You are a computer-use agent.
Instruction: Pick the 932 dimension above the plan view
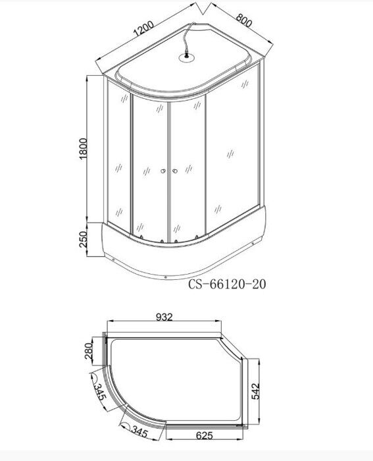164,317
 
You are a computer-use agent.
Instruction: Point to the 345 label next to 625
137,433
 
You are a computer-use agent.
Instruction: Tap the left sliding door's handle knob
162,173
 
